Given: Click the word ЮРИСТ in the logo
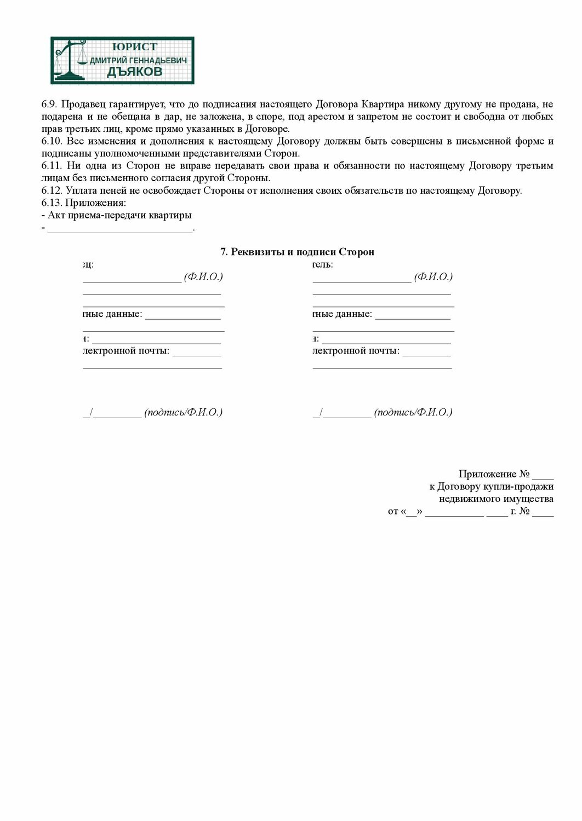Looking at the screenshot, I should pos(134,47).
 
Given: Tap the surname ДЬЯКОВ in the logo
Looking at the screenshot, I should pos(134,72).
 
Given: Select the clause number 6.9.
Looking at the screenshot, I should pos(49,104).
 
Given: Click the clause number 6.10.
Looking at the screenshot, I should pos(52,141).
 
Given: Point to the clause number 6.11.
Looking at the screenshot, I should pos(52,166).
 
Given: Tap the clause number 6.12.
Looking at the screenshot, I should pos(52,190).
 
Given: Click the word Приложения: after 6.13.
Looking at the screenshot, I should pos(95,203).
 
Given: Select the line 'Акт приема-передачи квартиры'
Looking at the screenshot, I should pos(119,215).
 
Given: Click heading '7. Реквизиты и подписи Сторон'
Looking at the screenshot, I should pos(297,252).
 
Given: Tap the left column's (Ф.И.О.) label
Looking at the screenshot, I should pos(203,277).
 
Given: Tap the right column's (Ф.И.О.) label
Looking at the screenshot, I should pos(433,277).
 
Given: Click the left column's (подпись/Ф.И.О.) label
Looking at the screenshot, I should pos(184,412).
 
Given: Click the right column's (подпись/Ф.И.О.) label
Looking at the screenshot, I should pos(413,412).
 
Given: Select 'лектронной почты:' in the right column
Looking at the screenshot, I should pos(356,351).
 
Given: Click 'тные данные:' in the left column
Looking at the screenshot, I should pos(113,314).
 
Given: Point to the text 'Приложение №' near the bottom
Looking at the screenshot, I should pos(494,474).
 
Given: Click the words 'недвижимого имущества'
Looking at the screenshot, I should pos(496,499).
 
